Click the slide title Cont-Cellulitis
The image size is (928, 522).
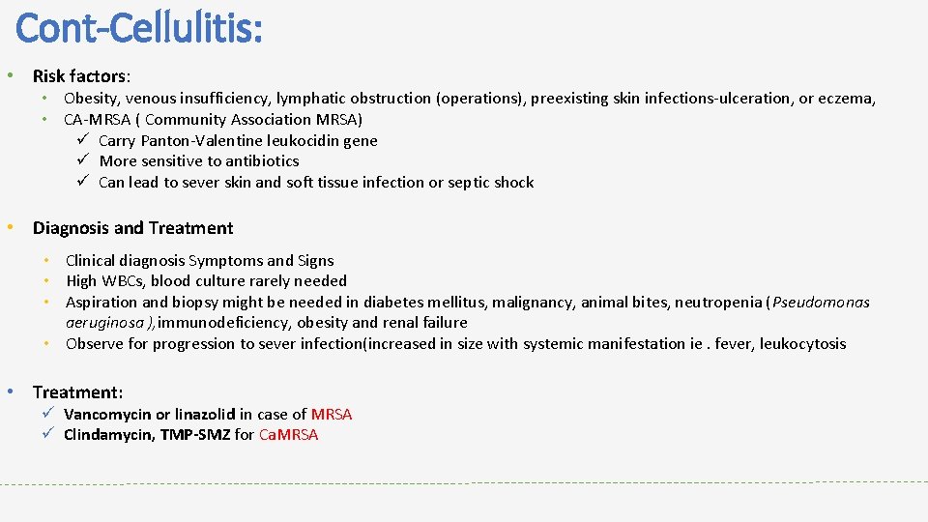point(139,28)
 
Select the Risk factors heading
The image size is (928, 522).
point(81,75)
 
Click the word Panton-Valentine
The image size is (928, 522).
point(213,140)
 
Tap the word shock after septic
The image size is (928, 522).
point(513,182)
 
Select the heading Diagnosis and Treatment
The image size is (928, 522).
point(132,228)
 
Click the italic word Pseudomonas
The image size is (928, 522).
point(822,302)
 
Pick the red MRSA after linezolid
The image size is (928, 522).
point(332,414)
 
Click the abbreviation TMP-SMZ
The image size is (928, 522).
point(195,435)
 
